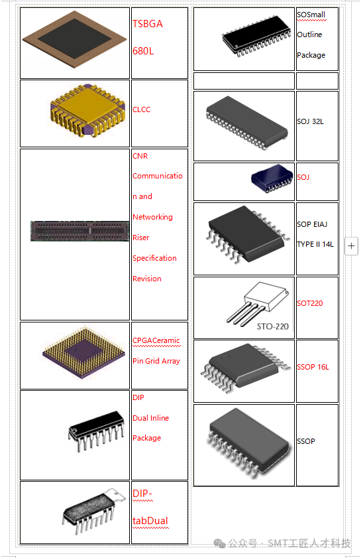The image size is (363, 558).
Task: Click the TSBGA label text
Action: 148,24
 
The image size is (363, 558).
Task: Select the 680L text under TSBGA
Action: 143,51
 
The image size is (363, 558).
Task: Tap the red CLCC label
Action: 141,109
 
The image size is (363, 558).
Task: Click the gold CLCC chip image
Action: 88,111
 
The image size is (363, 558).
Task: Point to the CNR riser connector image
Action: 80,231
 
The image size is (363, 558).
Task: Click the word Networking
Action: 153,217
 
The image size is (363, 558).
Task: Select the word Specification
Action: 154,258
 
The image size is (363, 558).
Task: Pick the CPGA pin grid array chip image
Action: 83,352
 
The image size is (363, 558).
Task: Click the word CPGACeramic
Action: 156,340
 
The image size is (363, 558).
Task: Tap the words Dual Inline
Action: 150,418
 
